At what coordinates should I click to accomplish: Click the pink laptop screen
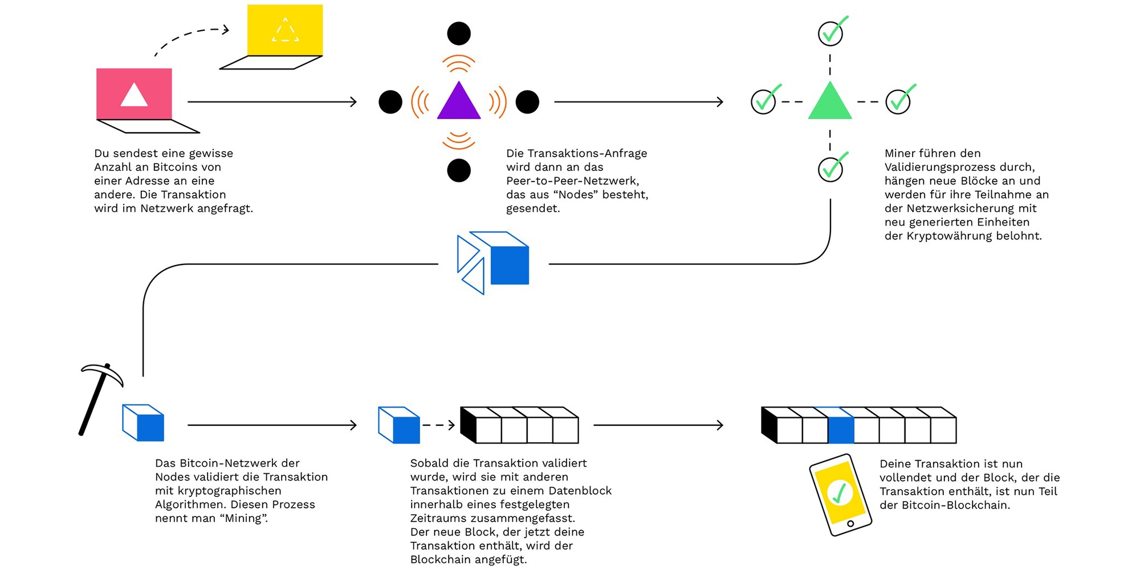coord(134,93)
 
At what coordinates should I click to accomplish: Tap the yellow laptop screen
coord(285,30)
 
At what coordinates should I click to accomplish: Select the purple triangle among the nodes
coord(459,103)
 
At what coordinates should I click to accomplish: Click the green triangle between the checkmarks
coord(830,103)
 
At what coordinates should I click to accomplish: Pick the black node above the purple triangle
coord(459,34)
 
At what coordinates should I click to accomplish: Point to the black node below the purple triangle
coord(459,170)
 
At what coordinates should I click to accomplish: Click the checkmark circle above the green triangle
coord(830,33)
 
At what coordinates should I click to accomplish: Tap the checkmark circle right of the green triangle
coord(898,101)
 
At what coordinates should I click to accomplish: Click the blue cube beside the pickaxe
coord(144,423)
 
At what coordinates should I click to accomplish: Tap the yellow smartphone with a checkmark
coord(840,494)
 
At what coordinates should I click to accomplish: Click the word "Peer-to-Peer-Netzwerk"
coord(572,181)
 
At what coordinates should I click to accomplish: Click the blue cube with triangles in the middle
coord(494,262)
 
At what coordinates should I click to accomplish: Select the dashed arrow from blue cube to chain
coord(438,425)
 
